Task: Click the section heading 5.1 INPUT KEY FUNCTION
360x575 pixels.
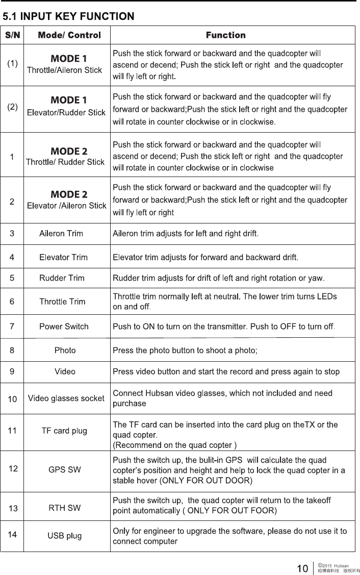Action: (69, 17)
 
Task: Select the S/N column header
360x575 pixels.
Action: (13, 35)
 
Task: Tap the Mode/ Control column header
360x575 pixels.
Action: (69, 35)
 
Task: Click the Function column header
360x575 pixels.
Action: (225, 35)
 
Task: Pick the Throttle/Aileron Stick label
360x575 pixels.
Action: (64, 70)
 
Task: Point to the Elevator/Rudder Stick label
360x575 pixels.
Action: (66, 112)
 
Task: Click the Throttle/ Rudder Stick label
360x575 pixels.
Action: (65, 162)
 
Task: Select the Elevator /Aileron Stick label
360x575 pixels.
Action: (66, 206)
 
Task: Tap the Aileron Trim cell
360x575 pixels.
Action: (61, 234)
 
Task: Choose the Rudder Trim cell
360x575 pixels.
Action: (62, 278)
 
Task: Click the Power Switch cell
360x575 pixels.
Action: (64, 327)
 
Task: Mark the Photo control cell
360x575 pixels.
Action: (65, 351)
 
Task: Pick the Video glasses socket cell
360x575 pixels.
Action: (66, 398)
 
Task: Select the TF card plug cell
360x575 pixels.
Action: (64, 431)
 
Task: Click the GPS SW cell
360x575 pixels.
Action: (64, 469)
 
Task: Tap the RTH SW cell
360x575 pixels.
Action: (64, 508)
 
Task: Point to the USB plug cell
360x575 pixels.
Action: (64, 536)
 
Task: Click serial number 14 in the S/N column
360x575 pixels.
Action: (13, 535)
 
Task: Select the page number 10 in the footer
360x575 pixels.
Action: (302, 568)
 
